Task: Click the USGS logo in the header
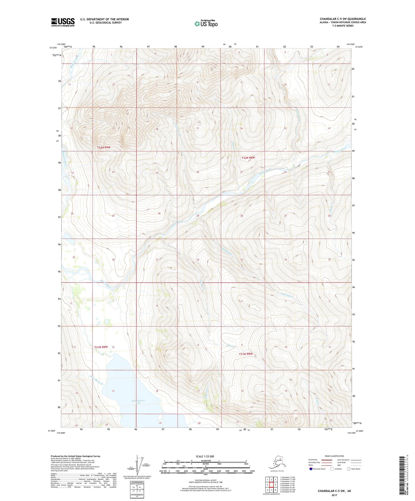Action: pyautogui.click(x=63, y=22)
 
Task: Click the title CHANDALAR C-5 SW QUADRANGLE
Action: pyautogui.click(x=343, y=19)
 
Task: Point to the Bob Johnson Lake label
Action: pyautogui.click(x=138, y=402)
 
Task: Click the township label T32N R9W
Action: pyautogui.click(x=103, y=147)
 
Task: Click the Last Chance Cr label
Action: pyautogui.click(x=96, y=380)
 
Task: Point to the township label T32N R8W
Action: pyautogui.click(x=248, y=158)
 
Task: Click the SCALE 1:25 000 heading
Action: pyautogui.click(x=205, y=456)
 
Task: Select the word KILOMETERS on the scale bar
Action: pyautogui.click(x=205, y=461)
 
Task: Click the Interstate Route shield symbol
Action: pyautogui.click(x=311, y=469)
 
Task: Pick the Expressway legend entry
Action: pyautogui.click(x=313, y=460)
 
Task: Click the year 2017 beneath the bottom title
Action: pyautogui.click(x=334, y=495)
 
